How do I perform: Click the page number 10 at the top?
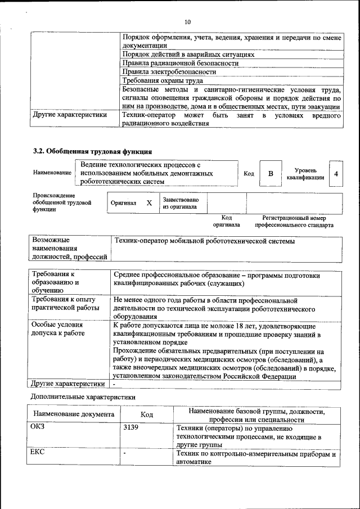pyautogui.click(x=187, y=22)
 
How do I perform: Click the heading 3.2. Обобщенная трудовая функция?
pyautogui.click(x=92, y=151)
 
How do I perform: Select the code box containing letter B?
pyautogui.click(x=270, y=174)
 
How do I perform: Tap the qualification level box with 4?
pyautogui.click(x=336, y=174)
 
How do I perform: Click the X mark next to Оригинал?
pyautogui.click(x=149, y=202)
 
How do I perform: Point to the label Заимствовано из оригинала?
pyautogui.click(x=180, y=203)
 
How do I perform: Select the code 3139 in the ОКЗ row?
pyautogui.click(x=130, y=427)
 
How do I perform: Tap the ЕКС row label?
pyautogui.click(x=37, y=452)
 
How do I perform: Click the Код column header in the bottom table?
pyautogui.click(x=147, y=415)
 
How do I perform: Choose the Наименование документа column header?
pyautogui.click(x=74, y=415)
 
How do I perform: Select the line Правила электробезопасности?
pyautogui.click(x=169, y=72)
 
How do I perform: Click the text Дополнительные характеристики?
pyautogui.click(x=82, y=396)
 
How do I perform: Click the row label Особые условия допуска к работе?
pyautogui.click(x=58, y=329)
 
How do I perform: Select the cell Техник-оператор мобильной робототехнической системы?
pyautogui.click(x=204, y=241)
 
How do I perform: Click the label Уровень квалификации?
pyautogui.click(x=305, y=174)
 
